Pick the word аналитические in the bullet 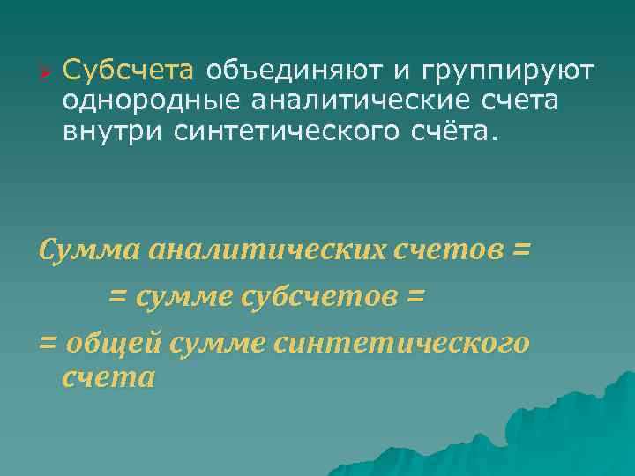(x=362, y=101)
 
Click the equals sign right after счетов (x=521, y=250)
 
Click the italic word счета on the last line (x=109, y=378)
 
